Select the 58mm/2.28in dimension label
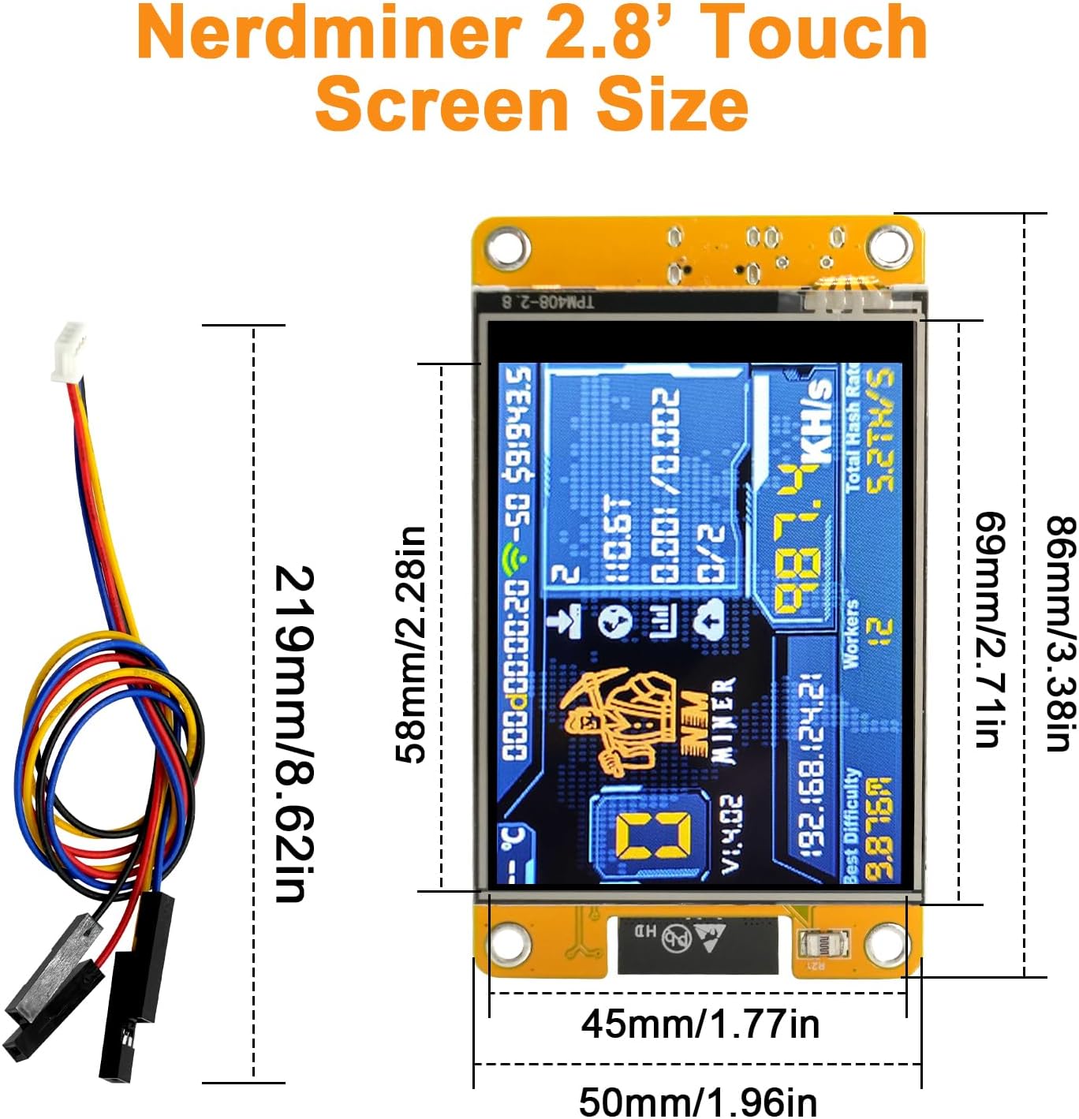[411, 645]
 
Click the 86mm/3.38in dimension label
[1060, 632]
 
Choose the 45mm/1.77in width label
[700, 1024]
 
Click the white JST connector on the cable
[68, 352]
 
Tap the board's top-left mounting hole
[506, 248]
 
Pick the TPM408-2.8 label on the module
[549, 301]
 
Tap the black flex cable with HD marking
[697, 943]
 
